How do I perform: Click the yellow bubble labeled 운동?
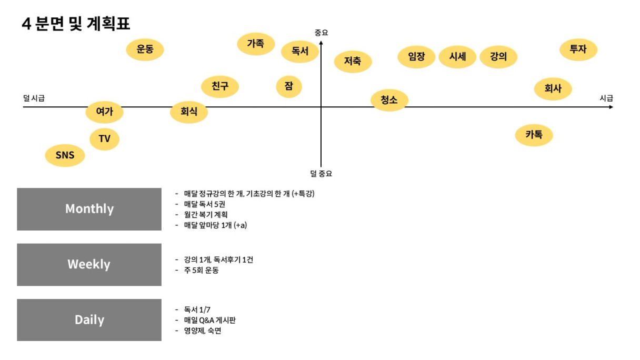(145, 49)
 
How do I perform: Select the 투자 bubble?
(578, 49)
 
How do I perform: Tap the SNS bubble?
(65, 155)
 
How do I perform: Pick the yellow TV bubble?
(104, 139)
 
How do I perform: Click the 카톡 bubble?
(534, 135)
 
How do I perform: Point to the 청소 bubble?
(389, 100)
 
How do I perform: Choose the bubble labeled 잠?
(289, 86)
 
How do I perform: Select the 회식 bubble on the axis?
(189, 112)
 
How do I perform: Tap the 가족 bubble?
(256, 44)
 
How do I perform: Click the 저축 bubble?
(353, 61)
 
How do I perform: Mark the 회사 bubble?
(553, 88)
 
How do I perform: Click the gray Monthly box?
(89, 209)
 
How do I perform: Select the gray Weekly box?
(89, 264)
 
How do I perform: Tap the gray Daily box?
(89, 319)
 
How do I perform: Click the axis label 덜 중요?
(321, 173)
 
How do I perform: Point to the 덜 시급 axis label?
(34, 98)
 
